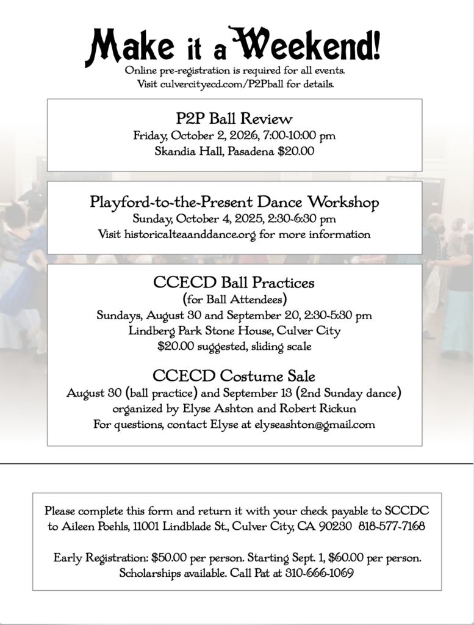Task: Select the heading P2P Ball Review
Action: [x=234, y=118]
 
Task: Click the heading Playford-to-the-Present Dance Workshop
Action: [x=234, y=201]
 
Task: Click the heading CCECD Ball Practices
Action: [x=234, y=283]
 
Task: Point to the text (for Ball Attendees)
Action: [x=234, y=300]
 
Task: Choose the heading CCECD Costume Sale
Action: [x=234, y=375]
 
